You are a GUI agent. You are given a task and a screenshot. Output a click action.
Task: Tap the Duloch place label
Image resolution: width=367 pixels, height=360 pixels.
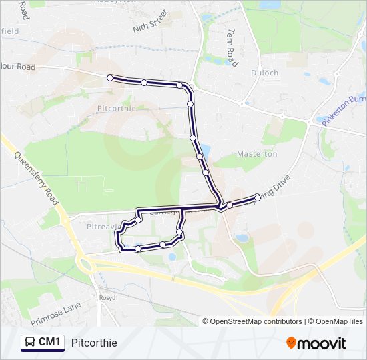tap(265, 73)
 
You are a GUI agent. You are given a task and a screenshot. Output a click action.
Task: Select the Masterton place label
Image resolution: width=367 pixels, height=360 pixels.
tap(257, 154)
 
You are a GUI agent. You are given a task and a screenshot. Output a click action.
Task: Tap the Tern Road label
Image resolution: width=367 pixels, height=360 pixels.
tap(232, 48)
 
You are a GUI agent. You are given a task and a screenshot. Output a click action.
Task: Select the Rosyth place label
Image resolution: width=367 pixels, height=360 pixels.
tap(108, 297)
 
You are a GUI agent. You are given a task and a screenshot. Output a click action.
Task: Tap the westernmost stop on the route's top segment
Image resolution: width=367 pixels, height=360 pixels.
tap(110, 78)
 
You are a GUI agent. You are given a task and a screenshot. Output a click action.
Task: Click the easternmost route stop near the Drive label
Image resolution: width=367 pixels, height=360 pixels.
tap(258, 197)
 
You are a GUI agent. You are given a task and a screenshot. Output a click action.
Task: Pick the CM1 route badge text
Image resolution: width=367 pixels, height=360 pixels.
tap(50, 342)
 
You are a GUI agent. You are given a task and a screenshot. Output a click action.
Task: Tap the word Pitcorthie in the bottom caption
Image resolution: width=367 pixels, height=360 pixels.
tap(94, 343)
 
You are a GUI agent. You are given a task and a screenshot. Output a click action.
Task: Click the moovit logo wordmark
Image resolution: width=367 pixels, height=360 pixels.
tap(322, 343)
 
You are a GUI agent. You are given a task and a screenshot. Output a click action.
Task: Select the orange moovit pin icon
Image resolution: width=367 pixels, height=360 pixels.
tap(291, 343)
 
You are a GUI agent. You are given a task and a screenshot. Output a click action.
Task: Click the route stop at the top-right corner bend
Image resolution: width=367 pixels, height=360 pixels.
tap(179, 85)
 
